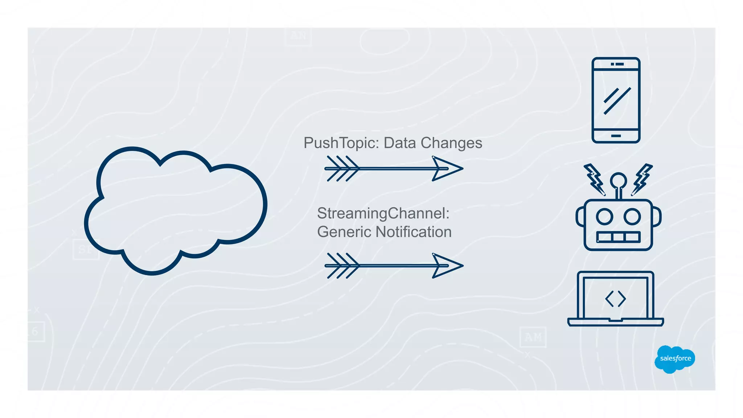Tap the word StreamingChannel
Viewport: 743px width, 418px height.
tap(383, 213)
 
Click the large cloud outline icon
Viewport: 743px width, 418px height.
tap(176, 210)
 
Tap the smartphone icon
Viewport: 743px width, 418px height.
tap(616, 100)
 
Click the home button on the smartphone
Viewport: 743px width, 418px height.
tap(616, 136)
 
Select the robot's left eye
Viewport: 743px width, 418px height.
tap(604, 217)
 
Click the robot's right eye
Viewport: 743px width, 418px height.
tap(632, 217)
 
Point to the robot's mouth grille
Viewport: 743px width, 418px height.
tap(618, 237)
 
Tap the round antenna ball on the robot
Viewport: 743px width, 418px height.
tap(618, 180)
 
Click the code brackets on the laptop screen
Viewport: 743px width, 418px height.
tap(615, 299)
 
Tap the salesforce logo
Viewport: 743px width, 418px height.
tap(675, 359)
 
